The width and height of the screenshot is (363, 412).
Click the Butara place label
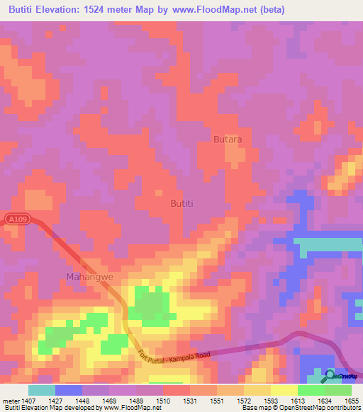(x=228, y=139)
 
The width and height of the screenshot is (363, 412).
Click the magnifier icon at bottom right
(x=329, y=374)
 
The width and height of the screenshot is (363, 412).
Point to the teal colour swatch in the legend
(x=42, y=390)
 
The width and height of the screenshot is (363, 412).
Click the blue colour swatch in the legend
(x=69, y=390)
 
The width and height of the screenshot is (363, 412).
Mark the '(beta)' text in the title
(x=337, y=9)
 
